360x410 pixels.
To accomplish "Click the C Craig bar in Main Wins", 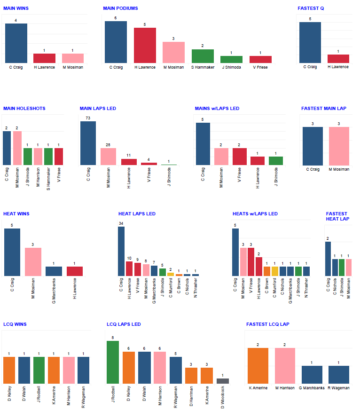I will click(x=16, y=43).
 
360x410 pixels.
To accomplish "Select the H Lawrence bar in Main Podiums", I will click(x=145, y=45).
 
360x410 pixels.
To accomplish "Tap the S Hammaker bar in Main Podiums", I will click(x=203, y=56).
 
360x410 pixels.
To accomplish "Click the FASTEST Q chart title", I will click(x=311, y=8).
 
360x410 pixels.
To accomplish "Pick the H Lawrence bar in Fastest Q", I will click(x=338, y=59).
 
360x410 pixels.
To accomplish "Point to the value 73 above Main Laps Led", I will click(x=88, y=118).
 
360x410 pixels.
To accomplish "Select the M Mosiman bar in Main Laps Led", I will click(x=111, y=156).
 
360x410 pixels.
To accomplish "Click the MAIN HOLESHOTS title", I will click(x=24, y=109).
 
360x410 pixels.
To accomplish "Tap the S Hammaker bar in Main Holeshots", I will click(x=48, y=156).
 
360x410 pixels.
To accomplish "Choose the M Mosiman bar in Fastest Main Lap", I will click(x=339, y=146).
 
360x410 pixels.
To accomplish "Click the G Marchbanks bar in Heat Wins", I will click(x=54, y=271).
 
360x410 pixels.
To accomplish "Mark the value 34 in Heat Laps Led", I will click(x=121, y=223).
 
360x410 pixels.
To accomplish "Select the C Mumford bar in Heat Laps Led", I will click(x=171, y=274).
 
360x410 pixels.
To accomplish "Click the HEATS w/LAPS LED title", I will click(x=255, y=214).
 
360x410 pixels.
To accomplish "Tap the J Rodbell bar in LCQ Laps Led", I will click(x=113, y=362).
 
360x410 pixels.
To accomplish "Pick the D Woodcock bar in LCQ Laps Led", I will click(x=223, y=381).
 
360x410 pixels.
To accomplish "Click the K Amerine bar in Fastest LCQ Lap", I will click(x=258, y=366).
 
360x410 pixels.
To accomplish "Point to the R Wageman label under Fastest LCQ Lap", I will click(x=339, y=388).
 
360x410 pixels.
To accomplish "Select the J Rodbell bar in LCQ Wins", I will click(x=39, y=371).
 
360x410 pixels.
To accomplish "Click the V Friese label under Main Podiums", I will click(x=260, y=67).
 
